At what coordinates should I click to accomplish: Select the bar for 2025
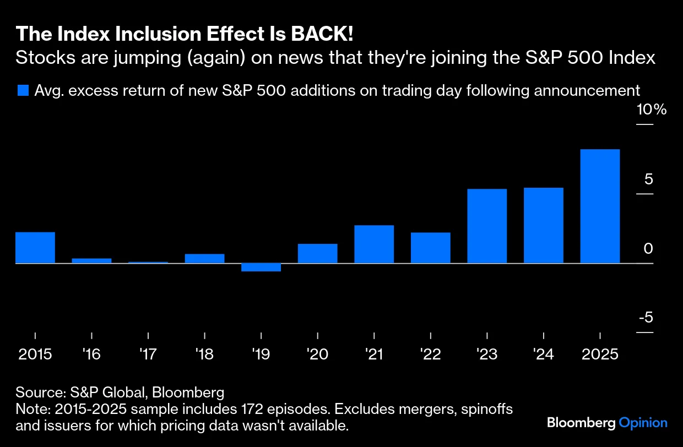tap(600, 206)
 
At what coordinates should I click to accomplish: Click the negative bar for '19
tap(261, 268)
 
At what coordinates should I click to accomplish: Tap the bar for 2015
tap(35, 248)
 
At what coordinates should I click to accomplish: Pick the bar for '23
tap(487, 226)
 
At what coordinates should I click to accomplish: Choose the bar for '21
tap(374, 244)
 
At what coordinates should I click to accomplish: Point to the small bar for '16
tap(92, 260)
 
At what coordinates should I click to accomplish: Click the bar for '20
tap(317, 253)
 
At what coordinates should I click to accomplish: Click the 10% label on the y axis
tap(651, 110)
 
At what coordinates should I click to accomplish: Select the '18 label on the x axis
tap(204, 353)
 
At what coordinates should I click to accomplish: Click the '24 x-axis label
tap(544, 353)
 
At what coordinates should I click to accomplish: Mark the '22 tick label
tap(431, 353)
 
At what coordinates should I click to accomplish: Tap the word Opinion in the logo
tap(643, 423)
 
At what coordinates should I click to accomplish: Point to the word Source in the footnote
tap(40, 393)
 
